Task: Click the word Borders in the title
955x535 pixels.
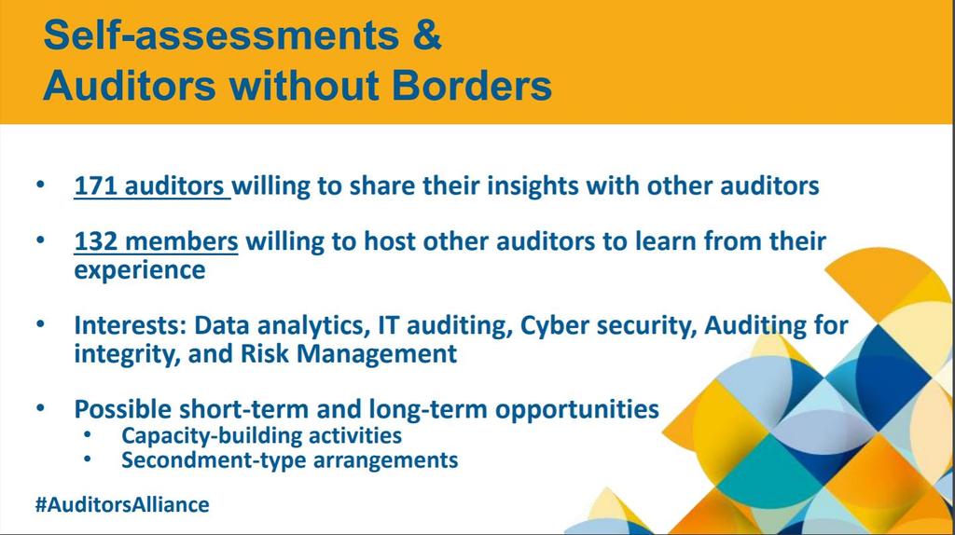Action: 471,85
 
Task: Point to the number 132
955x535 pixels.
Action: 95,241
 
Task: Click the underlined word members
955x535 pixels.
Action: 182,241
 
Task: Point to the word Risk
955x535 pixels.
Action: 264,353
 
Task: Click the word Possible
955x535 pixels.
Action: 122,409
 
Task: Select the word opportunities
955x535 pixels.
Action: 576,410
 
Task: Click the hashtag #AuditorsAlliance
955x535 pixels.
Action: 122,504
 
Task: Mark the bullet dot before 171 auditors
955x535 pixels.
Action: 40,184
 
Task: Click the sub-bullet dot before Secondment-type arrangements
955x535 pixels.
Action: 88,459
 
